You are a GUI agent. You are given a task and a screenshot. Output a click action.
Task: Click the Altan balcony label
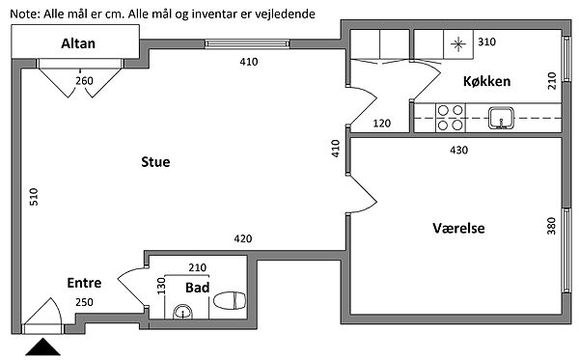tap(78, 43)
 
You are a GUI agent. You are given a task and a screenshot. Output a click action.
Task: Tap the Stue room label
tap(155, 162)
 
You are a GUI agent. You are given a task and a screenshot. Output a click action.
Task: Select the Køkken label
tap(486, 81)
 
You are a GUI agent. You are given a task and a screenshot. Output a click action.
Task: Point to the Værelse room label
tap(458, 228)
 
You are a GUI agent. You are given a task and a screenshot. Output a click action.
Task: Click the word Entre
tap(84, 283)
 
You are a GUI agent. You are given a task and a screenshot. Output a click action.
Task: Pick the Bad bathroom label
tap(197, 288)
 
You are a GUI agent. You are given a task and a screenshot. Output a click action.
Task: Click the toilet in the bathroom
tap(230, 300)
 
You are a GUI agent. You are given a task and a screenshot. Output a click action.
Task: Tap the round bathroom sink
tap(182, 312)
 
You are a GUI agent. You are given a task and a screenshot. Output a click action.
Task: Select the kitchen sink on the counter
tap(501, 118)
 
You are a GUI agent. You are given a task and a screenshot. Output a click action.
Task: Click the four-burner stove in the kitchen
tap(451, 118)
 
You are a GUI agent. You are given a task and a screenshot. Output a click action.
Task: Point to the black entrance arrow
tap(42, 346)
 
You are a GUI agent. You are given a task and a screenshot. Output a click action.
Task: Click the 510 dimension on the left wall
tap(34, 197)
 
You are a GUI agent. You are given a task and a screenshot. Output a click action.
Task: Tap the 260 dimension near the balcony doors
tap(84, 81)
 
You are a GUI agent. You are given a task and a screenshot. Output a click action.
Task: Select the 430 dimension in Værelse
tap(459, 151)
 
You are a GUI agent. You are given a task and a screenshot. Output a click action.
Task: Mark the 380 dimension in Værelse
tap(551, 226)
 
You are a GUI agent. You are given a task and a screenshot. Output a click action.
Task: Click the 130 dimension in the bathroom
tap(161, 286)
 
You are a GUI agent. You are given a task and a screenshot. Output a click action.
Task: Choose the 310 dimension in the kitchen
tap(486, 42)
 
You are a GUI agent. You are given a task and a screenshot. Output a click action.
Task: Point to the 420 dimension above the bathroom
tap(243, 239)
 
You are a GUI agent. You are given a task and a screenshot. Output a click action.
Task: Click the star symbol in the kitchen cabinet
tap(458, 44)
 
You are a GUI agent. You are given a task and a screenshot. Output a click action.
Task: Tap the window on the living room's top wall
tap(247, 44)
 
